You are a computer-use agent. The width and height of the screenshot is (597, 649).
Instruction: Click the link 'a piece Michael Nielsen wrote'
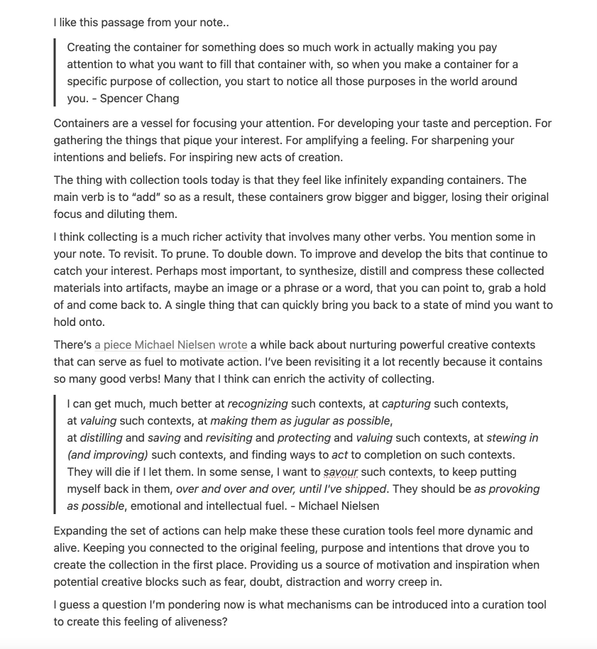point(171,345)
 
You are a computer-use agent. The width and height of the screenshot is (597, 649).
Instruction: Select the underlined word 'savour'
point(341,472)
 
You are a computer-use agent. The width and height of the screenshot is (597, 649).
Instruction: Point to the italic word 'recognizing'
point(258,404)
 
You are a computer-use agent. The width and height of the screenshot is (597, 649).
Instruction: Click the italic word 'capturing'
point(406,404)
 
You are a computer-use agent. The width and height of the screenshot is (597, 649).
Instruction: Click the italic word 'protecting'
point(304,438)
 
